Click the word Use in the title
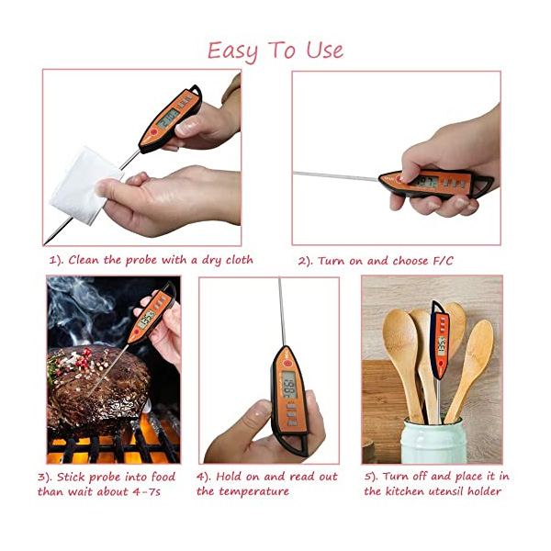click(325, 51)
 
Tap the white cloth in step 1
click(85, 186)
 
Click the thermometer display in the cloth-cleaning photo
click(168, 118)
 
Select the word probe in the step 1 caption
click(141, 261)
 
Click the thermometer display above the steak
click(146, 320)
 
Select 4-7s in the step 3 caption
click(147, 491)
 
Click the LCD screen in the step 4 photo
click(289, 385)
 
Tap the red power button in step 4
click(287, 363)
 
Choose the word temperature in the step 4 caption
click(254, 491)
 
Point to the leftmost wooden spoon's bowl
click(400, 335)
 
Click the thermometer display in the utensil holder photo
click(442, 345)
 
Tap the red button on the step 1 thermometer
click(153, 132)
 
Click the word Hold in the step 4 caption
click(230, 477)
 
